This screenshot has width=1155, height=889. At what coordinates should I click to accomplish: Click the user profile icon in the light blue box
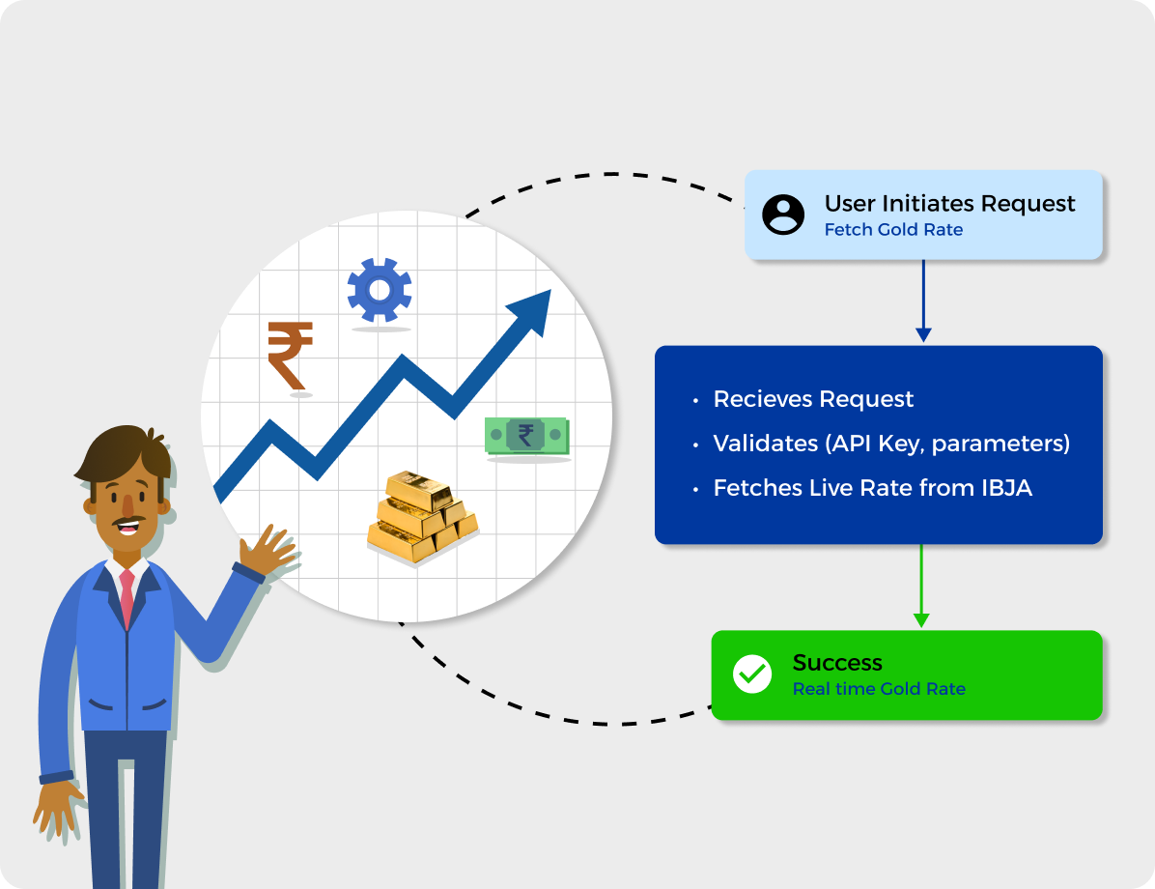[x=783, y=215]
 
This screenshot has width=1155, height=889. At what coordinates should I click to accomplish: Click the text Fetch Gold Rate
[x=893, y=230]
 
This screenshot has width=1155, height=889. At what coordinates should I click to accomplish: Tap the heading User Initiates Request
[x=949, y=203]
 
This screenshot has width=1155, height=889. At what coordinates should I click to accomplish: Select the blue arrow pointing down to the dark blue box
[x=923, y=301]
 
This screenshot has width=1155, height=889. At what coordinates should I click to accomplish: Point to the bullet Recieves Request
[x=813, y=399]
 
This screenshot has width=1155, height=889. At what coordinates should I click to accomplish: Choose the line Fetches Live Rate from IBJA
[x=872, y=488]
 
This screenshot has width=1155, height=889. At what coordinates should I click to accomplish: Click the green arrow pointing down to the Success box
[x=920, y=586]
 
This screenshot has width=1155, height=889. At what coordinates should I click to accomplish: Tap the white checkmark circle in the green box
[x=752, y=674]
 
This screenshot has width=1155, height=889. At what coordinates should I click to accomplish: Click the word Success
[x=837, y=663]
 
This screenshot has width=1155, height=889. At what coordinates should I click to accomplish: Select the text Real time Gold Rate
[x=879, y=689]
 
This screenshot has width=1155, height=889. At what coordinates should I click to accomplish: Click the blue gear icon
[x=380, y=290]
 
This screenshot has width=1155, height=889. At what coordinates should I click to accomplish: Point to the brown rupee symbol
[x=291, y=356]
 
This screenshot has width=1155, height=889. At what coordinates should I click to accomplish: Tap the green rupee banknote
[x=526, y=436]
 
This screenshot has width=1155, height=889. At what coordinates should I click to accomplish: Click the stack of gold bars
[x=423, y=516]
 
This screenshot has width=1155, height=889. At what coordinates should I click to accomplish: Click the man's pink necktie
[x=127, y=597]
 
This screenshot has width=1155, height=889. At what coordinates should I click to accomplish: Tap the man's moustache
[x=127, y=521]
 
